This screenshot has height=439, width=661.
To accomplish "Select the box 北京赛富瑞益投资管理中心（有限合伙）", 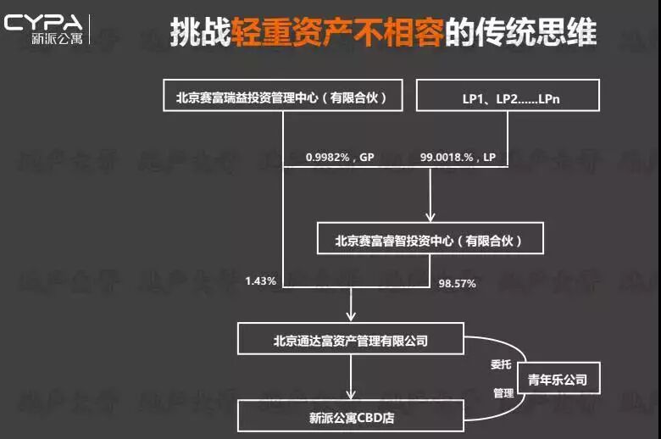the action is pos(281,97).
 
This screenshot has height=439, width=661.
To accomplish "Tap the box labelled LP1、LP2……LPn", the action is pos(508,97).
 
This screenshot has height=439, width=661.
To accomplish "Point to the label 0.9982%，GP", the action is pos(340,158).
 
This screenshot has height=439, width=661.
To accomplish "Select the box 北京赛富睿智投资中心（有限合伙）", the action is pos(429,240).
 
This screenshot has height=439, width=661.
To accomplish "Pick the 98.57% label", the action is pos(457,284).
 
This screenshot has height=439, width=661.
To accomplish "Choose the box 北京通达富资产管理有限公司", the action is pos(350,341).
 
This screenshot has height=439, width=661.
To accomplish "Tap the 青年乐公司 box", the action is pos(557,379).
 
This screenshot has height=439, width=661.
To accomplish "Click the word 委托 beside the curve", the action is pos(503,364).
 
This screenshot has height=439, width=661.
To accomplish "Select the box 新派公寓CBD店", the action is pos(350,416).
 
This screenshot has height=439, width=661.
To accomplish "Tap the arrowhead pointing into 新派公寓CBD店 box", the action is pos(350,392).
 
